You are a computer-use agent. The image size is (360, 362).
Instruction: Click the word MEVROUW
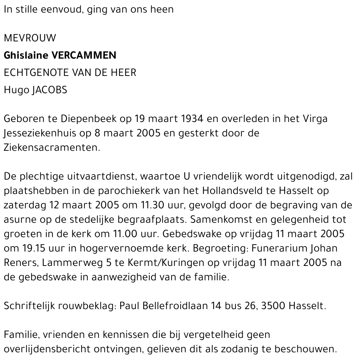pos(30,38)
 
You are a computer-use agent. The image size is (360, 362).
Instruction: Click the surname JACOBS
pos(50,90)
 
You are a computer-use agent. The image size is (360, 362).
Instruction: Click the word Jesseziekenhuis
pos(40,134)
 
